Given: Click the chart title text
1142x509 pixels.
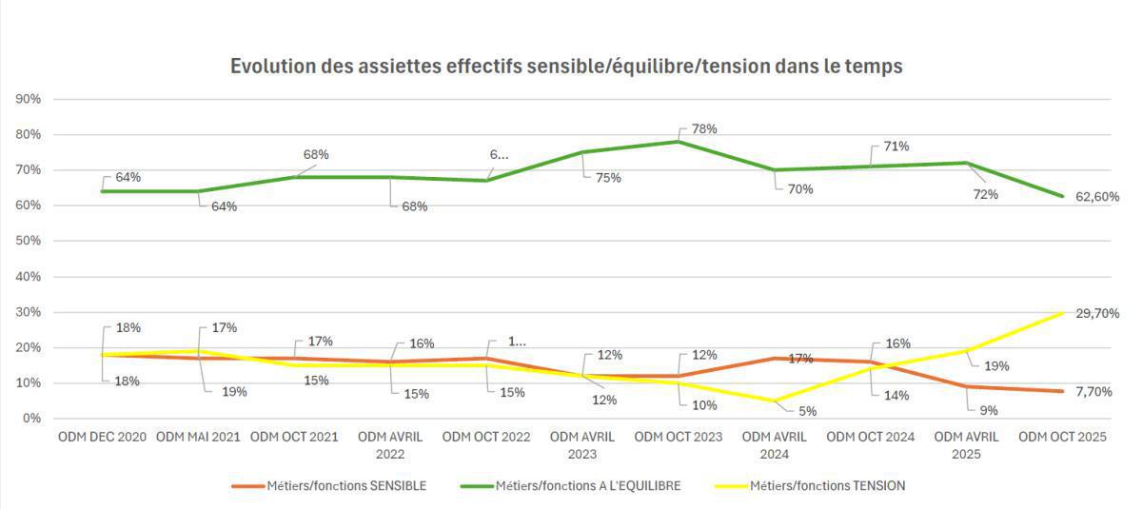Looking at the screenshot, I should (566, 67).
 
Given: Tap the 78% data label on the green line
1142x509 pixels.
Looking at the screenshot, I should (703, 128).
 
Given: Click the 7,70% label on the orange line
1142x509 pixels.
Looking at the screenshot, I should (1093, 391).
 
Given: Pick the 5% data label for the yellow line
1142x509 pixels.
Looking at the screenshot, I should (807, 411).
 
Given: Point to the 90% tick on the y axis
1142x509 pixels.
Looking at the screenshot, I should (28, 99).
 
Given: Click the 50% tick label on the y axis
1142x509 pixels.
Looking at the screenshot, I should (28, 241).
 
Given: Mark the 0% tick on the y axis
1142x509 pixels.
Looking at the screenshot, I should (30, 419).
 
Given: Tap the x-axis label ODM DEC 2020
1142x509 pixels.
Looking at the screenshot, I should (102, 438).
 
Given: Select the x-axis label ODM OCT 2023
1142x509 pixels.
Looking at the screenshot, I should (679, 438).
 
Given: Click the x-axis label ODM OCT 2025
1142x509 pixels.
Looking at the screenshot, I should (1062, 438).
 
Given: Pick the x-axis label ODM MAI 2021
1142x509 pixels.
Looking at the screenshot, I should (198, 438).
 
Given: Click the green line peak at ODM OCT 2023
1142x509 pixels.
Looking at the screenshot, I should (678, 142).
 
